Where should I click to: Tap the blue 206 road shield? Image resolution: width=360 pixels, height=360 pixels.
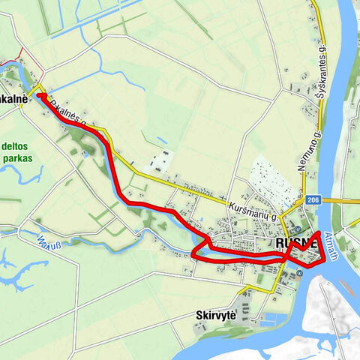point(312,200)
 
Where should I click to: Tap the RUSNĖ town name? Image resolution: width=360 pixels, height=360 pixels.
point(298,244)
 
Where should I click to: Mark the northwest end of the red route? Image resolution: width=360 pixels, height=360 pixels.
point(39,97)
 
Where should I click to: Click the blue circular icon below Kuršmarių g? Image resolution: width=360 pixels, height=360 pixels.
point(298,229)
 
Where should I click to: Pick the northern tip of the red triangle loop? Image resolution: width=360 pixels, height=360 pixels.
point(318,234)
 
